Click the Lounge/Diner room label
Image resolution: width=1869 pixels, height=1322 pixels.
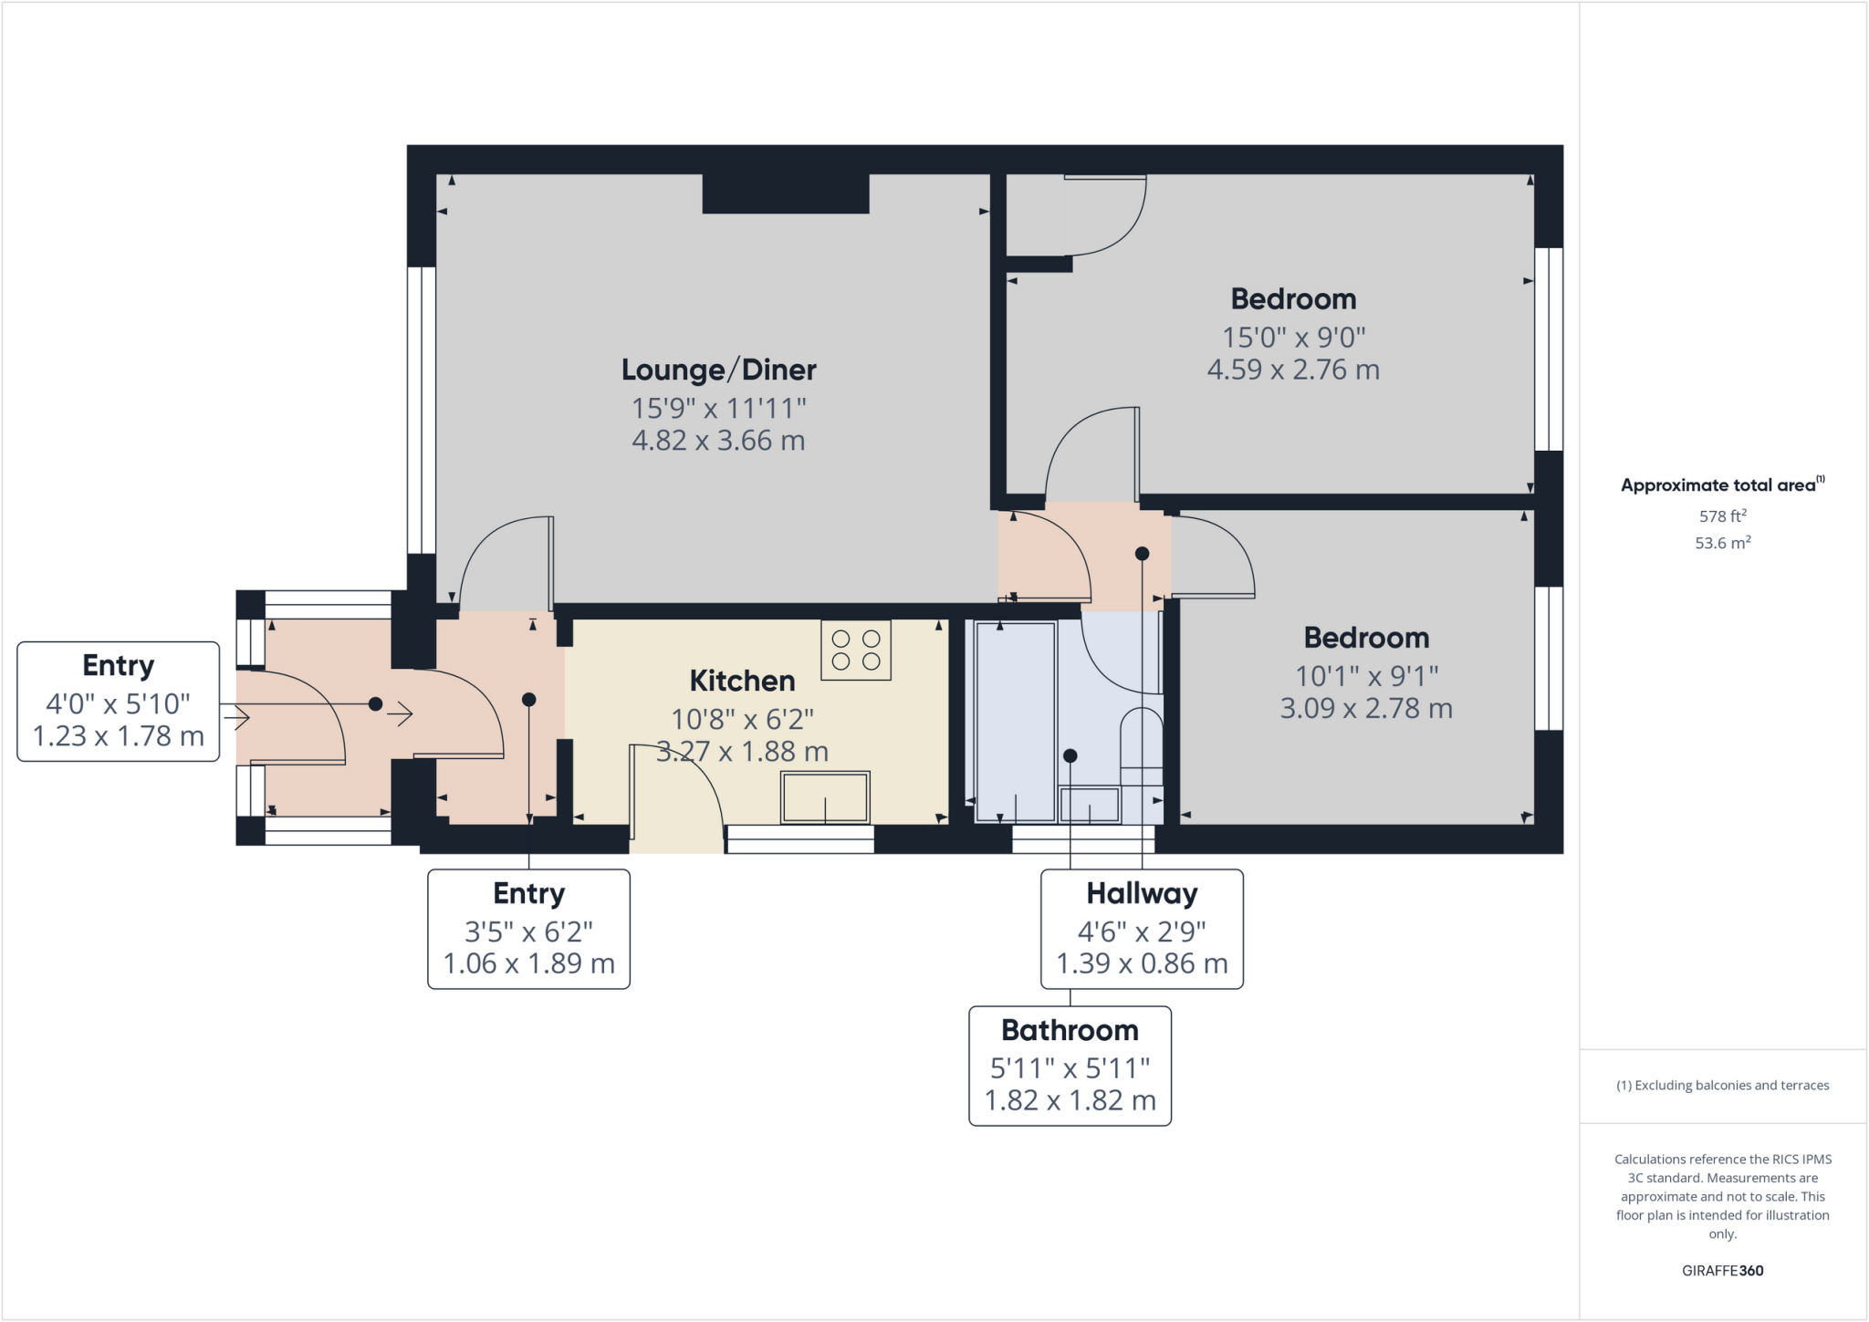[x=718, y=370]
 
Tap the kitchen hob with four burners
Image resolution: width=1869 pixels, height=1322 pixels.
[x=855, y=650]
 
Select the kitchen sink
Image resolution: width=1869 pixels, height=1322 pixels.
[x=825, y=797]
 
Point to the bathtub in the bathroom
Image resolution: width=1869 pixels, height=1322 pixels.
[x=1015, y=721]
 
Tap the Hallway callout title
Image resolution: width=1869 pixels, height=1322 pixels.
[x=1142, y=893]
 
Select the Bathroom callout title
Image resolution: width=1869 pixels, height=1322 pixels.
[x=1070, y=1030]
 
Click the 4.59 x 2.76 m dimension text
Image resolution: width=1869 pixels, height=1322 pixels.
[x=1293, y=370]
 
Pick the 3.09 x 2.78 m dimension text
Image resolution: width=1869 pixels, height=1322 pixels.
[x=1366, y=708]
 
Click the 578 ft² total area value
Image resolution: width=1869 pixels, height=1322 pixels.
[x=1722, y=515]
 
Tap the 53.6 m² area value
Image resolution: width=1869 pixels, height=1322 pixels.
[x=1722, y=543]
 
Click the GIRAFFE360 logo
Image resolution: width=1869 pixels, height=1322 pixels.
[x=1722, y=1270]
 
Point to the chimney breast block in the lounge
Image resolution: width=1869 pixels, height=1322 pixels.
[x=785, y=193]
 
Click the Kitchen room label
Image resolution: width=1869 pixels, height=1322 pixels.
[x=742, y=681]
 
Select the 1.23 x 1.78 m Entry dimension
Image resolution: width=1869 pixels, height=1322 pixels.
[x=119, y=735]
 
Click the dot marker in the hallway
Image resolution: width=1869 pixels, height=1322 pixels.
[x=1142, y=553]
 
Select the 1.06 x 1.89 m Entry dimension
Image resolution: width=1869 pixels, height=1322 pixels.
[x=529, y=963]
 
